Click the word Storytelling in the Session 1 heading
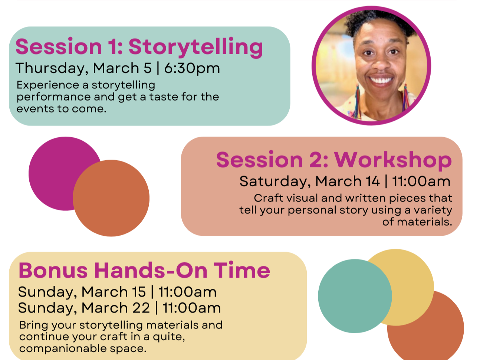195,48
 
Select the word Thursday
50,69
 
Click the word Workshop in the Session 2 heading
393,160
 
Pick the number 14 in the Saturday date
372,181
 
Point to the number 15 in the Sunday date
139,292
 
